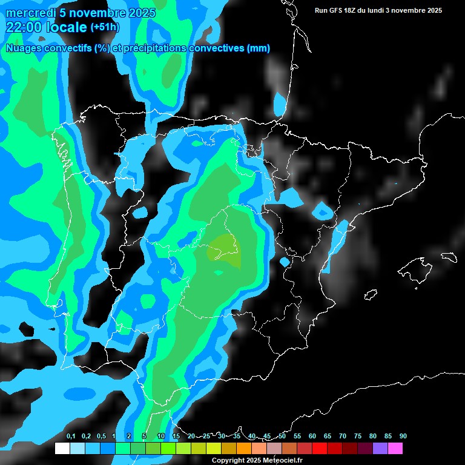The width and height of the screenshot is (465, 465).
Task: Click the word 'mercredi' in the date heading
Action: [30, 13]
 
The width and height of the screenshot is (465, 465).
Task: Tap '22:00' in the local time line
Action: [24, 27]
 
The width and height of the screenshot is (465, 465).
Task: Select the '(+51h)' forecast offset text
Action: [105, 27]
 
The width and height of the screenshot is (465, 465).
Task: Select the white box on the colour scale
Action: [62, 449]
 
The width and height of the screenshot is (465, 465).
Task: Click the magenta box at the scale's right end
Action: [395, 449]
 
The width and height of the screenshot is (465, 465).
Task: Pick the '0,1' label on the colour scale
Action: [71, 437]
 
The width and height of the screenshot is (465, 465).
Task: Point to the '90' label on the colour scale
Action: [403, 437]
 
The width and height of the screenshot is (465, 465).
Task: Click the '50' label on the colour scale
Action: [282, 437]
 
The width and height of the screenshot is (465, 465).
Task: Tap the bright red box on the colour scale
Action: [320, 449]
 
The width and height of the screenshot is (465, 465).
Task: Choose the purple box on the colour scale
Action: [380, 449]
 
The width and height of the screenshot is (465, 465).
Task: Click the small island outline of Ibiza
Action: [370, 294]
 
